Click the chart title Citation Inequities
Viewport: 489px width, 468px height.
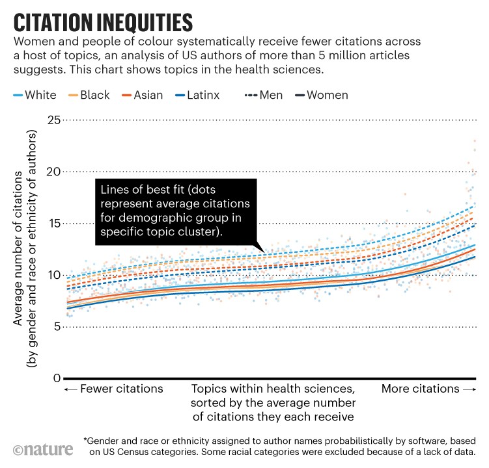pos(103,21)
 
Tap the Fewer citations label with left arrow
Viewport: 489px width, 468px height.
pos(113,389)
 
